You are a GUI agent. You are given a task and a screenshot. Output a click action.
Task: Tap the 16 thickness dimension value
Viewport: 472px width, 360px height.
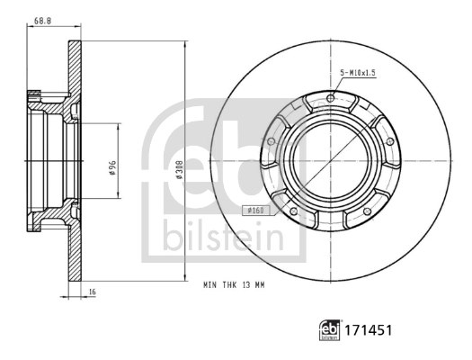[93, 292]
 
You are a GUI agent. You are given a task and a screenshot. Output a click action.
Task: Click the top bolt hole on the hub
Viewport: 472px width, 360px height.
[331, 98]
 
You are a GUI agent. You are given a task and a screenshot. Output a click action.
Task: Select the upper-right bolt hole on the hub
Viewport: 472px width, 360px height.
[389, 140]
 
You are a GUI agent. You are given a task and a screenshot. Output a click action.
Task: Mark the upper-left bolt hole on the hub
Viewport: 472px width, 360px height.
[272, 140]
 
